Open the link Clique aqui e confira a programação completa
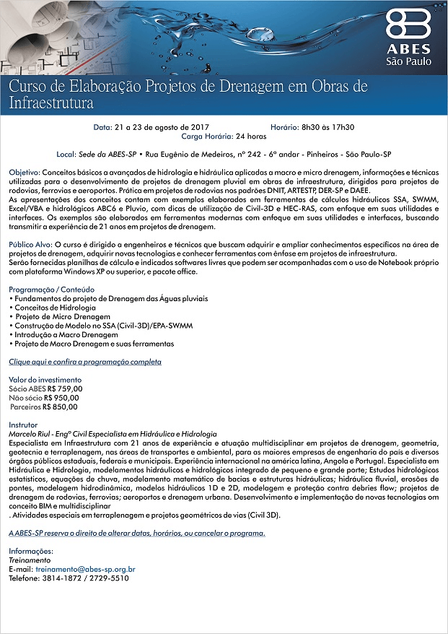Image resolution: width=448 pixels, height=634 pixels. coord(84,361)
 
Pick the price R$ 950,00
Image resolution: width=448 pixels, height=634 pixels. coord(61,397)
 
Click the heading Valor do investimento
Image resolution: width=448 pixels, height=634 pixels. coord(45,380)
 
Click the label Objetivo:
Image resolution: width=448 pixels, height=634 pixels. coord(25,174)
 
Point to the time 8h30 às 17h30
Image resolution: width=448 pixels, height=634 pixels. coord(322,127)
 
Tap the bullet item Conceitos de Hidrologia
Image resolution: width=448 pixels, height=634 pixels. coord(55,308)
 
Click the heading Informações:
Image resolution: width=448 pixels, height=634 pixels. coord(31,551)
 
